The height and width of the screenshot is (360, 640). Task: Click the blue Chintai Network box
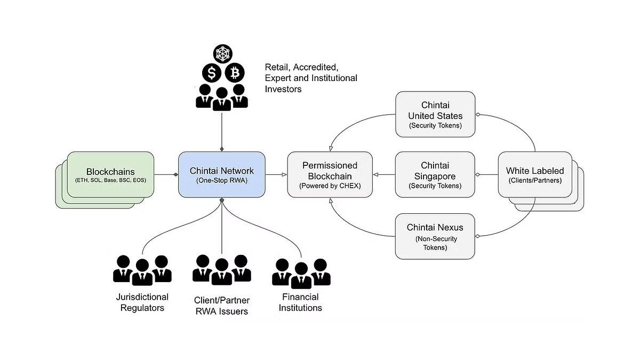(221, 175)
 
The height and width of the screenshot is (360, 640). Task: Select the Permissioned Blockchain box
(329, 175)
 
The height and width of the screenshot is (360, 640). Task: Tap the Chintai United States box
(435, 115)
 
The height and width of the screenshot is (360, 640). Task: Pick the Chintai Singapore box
(435, 175)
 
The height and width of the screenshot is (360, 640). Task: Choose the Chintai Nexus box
(435, 236)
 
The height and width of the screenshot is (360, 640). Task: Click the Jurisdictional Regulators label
(142, 302)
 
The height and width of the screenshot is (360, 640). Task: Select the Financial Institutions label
(301, 302)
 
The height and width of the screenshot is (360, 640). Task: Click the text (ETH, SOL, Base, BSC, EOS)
(110, 180)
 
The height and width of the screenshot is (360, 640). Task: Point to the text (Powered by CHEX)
(329, 186)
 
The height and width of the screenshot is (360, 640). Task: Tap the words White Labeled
(534, 171)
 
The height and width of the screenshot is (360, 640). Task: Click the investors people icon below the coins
(221, 98)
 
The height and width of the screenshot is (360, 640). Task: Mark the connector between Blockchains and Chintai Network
(166, 174)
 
